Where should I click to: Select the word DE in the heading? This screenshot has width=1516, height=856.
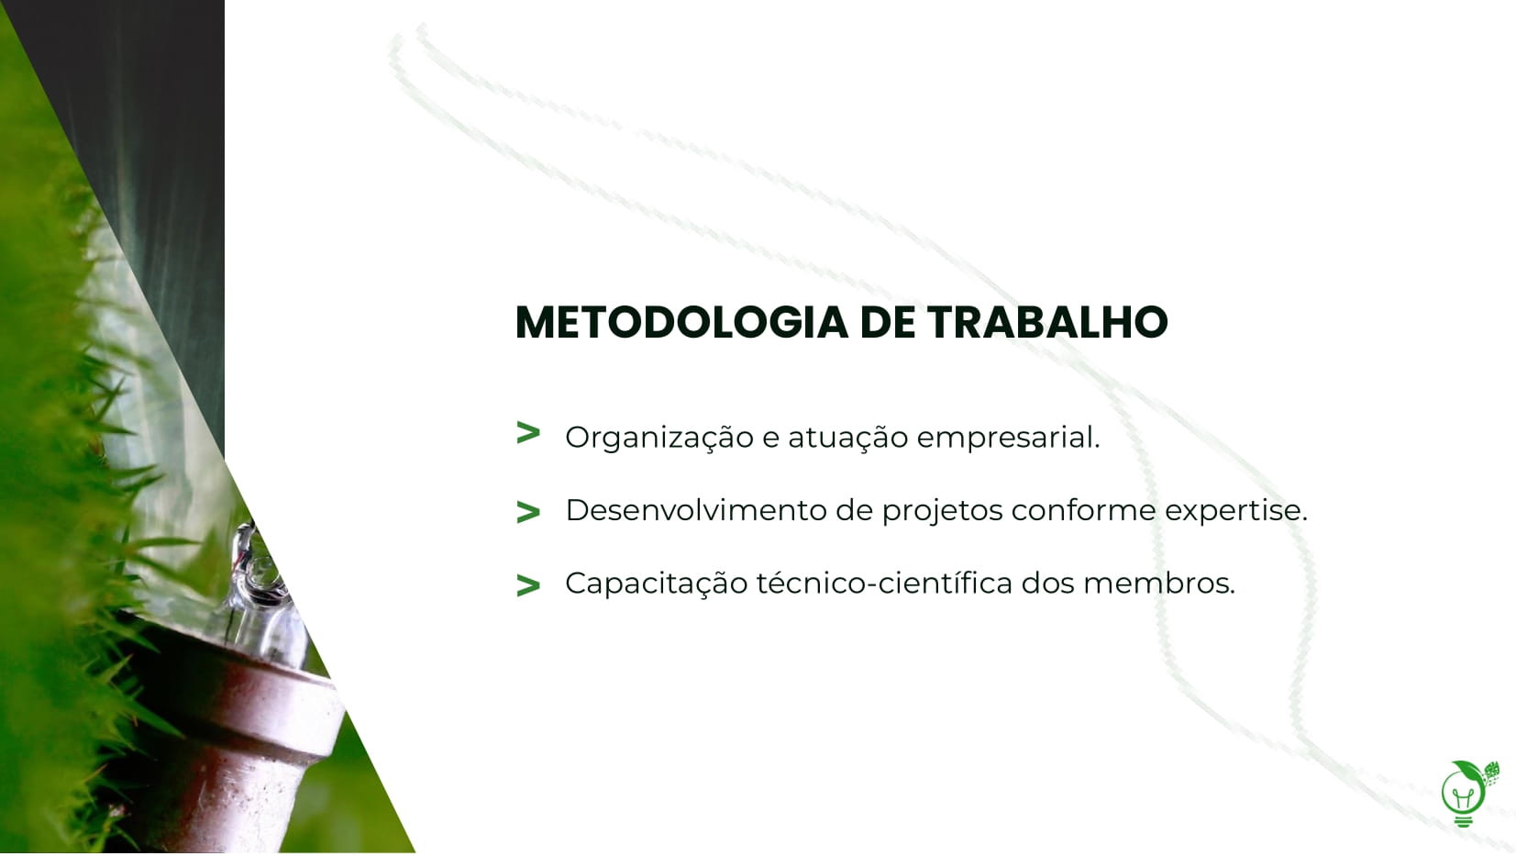tap(887, 322)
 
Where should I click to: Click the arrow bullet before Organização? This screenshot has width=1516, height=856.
tap(528, 433)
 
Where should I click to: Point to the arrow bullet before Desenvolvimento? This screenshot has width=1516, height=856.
tap(528, 512)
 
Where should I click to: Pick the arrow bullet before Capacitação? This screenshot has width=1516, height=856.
tap(528, 584)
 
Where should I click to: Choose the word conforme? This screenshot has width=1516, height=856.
tap(1083, 510)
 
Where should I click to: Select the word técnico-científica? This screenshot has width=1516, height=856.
tap(884, 584)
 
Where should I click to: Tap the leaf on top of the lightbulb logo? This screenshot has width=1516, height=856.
tap(1469, 767)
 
